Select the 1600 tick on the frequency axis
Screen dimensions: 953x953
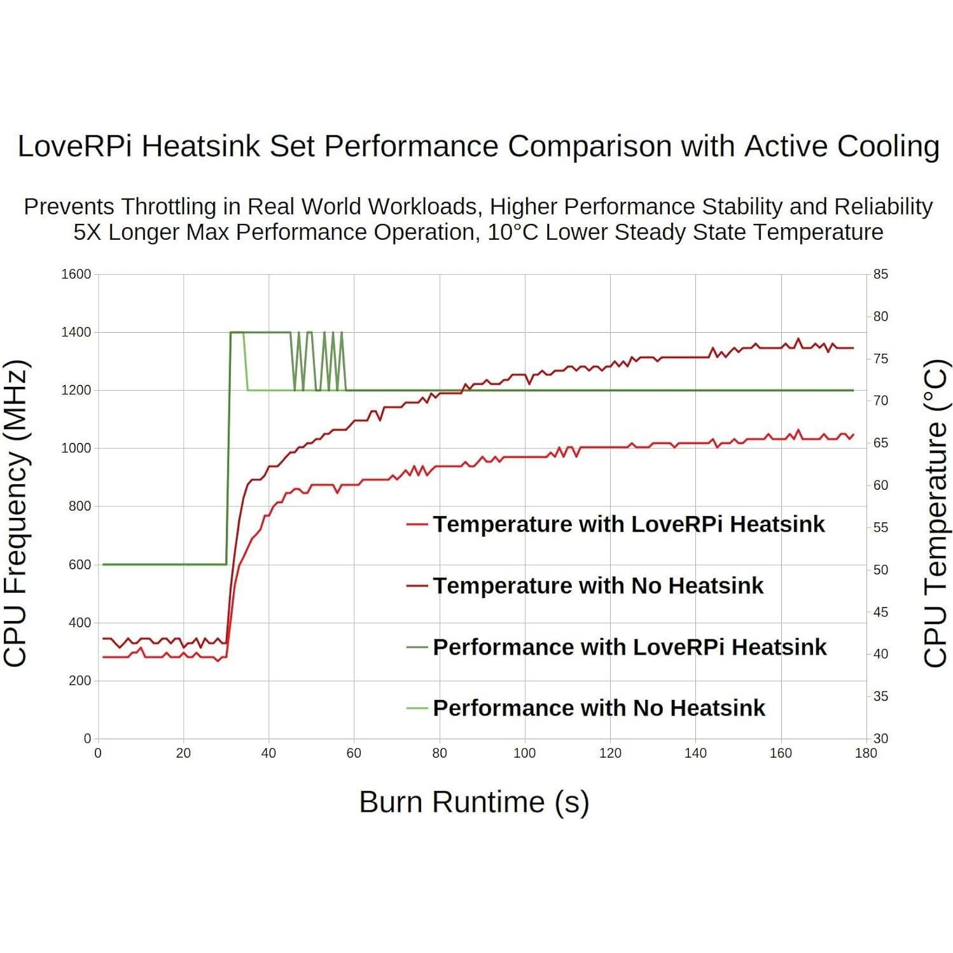76,274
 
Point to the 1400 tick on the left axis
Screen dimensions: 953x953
76,332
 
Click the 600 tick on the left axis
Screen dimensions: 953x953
80,564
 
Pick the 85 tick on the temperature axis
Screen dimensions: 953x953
880,274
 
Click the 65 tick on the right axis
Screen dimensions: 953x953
880,443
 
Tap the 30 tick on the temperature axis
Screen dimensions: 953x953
880,739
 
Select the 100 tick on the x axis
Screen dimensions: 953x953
524,753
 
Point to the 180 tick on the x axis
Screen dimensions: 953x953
866,753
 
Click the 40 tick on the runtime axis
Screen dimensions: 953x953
268,753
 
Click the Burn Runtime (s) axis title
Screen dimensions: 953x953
474,802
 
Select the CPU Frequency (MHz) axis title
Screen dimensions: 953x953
17,513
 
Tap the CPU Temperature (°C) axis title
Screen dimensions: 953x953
936,513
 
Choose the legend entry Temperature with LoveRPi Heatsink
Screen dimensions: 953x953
628,524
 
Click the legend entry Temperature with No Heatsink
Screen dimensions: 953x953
597,585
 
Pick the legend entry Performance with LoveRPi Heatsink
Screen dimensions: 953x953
629,647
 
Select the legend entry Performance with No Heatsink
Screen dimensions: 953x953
599,708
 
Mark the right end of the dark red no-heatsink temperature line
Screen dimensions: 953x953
852,348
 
